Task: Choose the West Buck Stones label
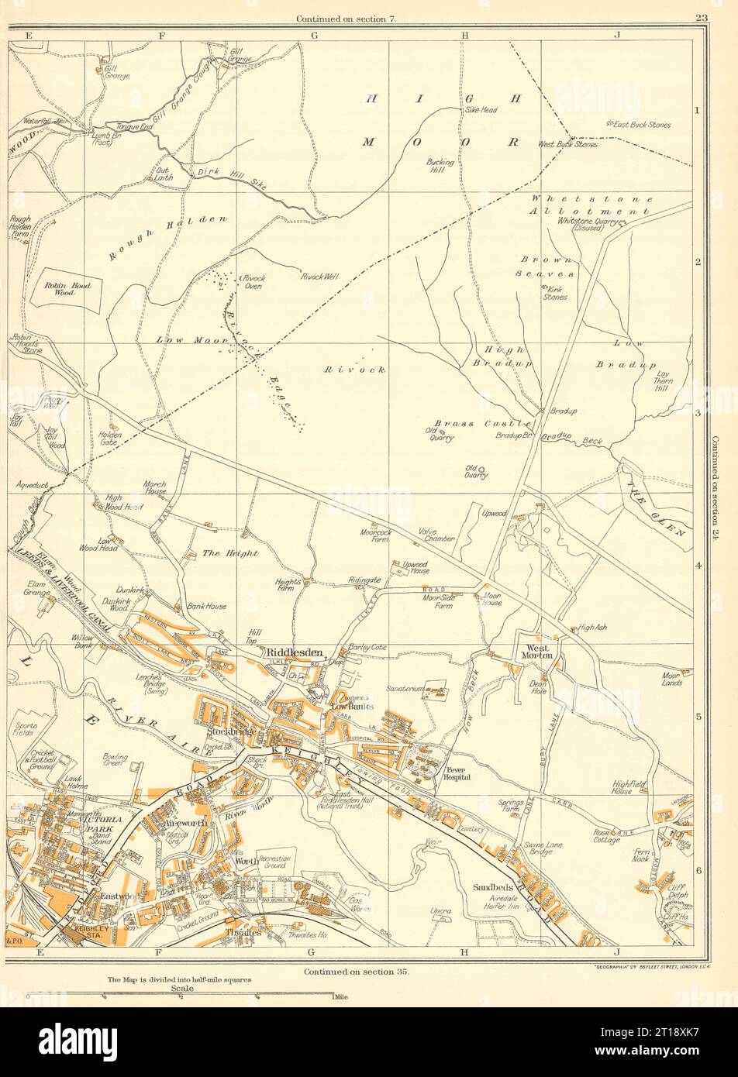pyautogui.click(x=567, y=145)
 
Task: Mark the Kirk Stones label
pyautogui.click(x=555, y=293)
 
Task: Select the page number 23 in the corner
pyautogui.click(x=702, y=18)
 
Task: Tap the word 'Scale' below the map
pyautogui.click(x=183, y=989)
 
